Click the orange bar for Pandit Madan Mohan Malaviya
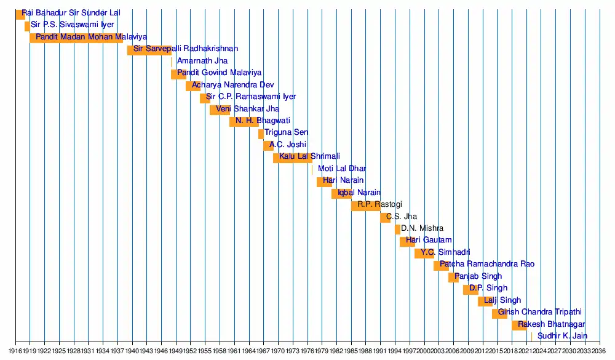click(x=76, y=38)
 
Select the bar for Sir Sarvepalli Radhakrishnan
click(x=149, y=50)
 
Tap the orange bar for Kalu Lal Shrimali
click(x=292, y=158)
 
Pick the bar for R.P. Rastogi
click(x=366, y=206)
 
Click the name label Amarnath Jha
click(x=202, y=61)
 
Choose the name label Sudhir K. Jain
click(x=562, y=337)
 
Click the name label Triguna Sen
click(x=287, y=133)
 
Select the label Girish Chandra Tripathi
click(x=539, y=313)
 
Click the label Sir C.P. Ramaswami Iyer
click(x=251, y=97)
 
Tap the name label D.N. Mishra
click(x=422, y=229)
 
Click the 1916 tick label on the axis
click(x=15, y=351)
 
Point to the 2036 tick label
click(x=600, y=351)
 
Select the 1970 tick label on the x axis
click(x=278, y=351)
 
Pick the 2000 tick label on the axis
click(x=424, y=351)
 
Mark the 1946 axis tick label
click(x=161, y=351)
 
